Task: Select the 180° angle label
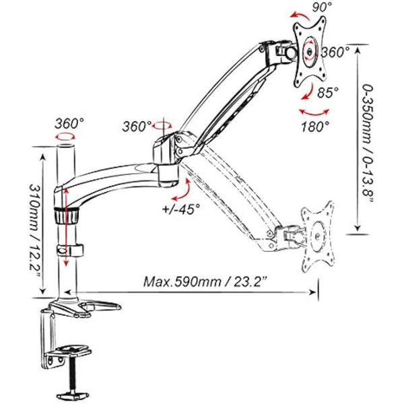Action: tap(315, 125)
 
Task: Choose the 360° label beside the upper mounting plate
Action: tap(335, 51)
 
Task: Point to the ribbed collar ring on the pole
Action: tap(66, 216)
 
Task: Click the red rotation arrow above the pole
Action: tap(66, 136)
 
